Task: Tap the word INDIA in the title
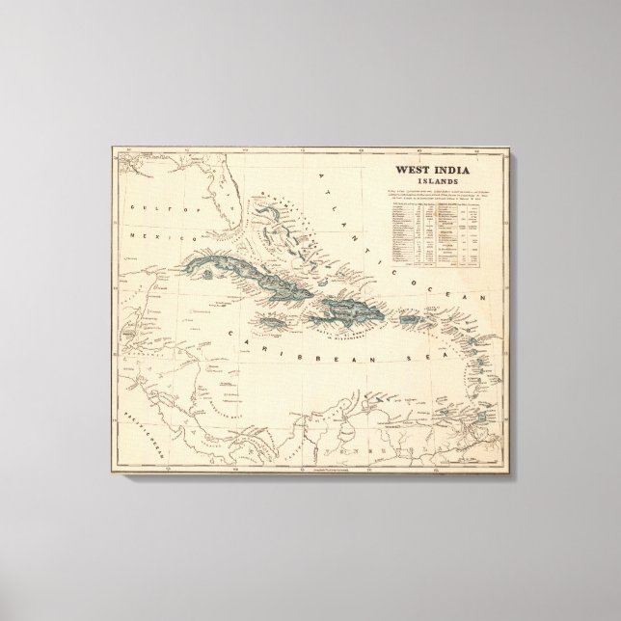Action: [446, 168]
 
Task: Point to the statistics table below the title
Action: [429, 231]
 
